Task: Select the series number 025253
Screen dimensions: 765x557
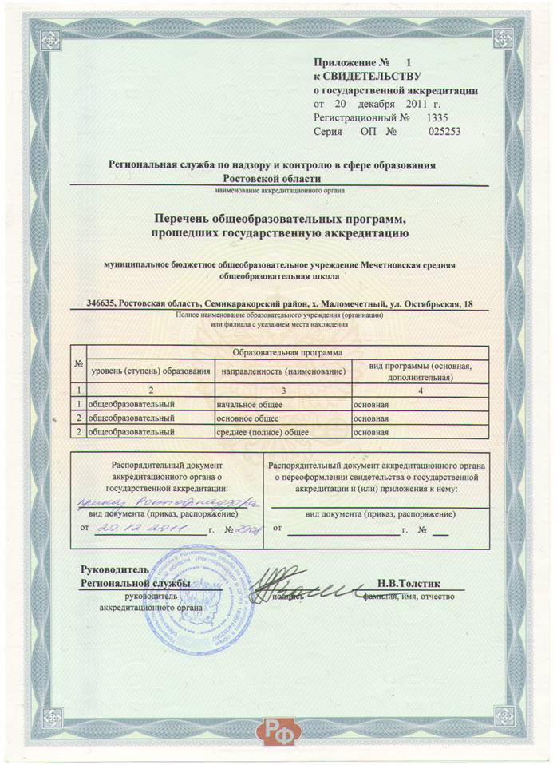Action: (444, 132)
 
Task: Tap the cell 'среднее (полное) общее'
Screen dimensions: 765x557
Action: (263, 432)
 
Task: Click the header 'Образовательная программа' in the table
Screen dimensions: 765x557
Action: (286, 351)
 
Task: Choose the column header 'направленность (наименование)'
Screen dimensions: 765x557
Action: (283, 371)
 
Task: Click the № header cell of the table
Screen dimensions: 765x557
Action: (78, 365)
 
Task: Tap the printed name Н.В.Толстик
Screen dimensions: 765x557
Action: (407, 584)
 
